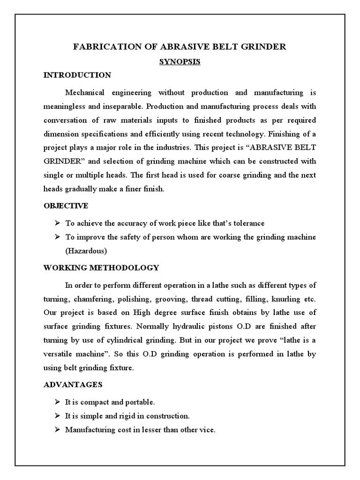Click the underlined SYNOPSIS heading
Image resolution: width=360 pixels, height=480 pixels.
(x=180, y=61)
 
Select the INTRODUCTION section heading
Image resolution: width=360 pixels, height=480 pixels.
(x=77, y=75)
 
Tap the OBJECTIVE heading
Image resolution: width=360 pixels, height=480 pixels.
(x=66, y=206)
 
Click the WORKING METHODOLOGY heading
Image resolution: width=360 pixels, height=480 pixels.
(x=101, y=268)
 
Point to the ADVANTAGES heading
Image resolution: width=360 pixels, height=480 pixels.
(x=73, y=384)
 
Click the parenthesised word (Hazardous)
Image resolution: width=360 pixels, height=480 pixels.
(x=86, y=251)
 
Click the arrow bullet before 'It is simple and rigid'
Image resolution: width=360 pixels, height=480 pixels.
(x=57, y=416)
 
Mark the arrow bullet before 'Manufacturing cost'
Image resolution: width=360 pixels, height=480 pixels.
(x=57, y=430)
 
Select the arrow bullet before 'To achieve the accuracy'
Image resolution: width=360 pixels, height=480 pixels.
(x=57, y=223)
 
